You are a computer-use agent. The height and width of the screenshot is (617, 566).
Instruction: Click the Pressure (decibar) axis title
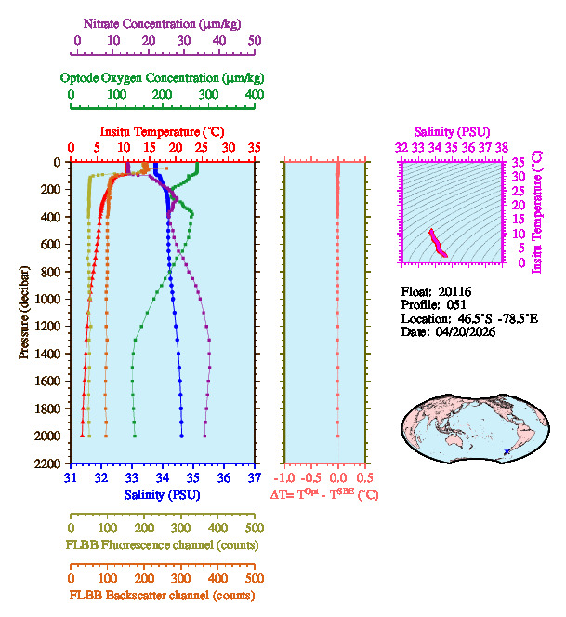click(x=24, y=313)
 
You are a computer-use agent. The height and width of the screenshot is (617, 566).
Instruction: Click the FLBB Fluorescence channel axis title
click(x=162, y=544)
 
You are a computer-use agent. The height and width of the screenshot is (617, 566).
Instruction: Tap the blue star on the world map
click(x=506, y=451)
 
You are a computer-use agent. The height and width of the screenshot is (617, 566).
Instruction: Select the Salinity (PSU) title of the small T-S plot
click(x=451, y=131)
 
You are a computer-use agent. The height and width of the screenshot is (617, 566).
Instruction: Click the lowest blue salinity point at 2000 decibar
click(x=182, y=436)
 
